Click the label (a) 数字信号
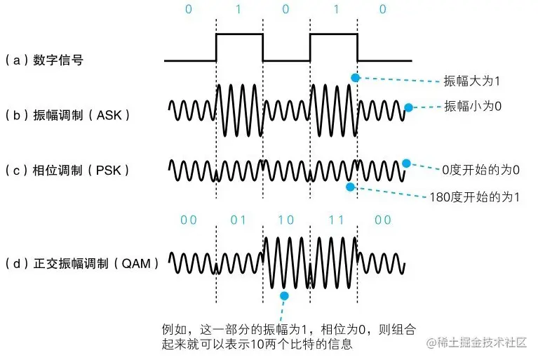coord(43,60)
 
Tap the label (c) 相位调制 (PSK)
coord(67,171)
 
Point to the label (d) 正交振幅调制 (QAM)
coord(81,264)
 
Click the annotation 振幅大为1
coord(472,81)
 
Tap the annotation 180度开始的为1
coord(475,197)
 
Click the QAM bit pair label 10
coord(286,220)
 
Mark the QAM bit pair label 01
coord(238,220)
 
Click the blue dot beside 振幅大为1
coord(356,77)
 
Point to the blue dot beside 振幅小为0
coord(408,108)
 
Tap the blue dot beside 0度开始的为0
coord(406,164)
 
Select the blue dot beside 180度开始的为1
coord(349,187)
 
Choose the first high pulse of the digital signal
coord(239,34)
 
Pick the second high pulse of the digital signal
coord(333,34)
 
